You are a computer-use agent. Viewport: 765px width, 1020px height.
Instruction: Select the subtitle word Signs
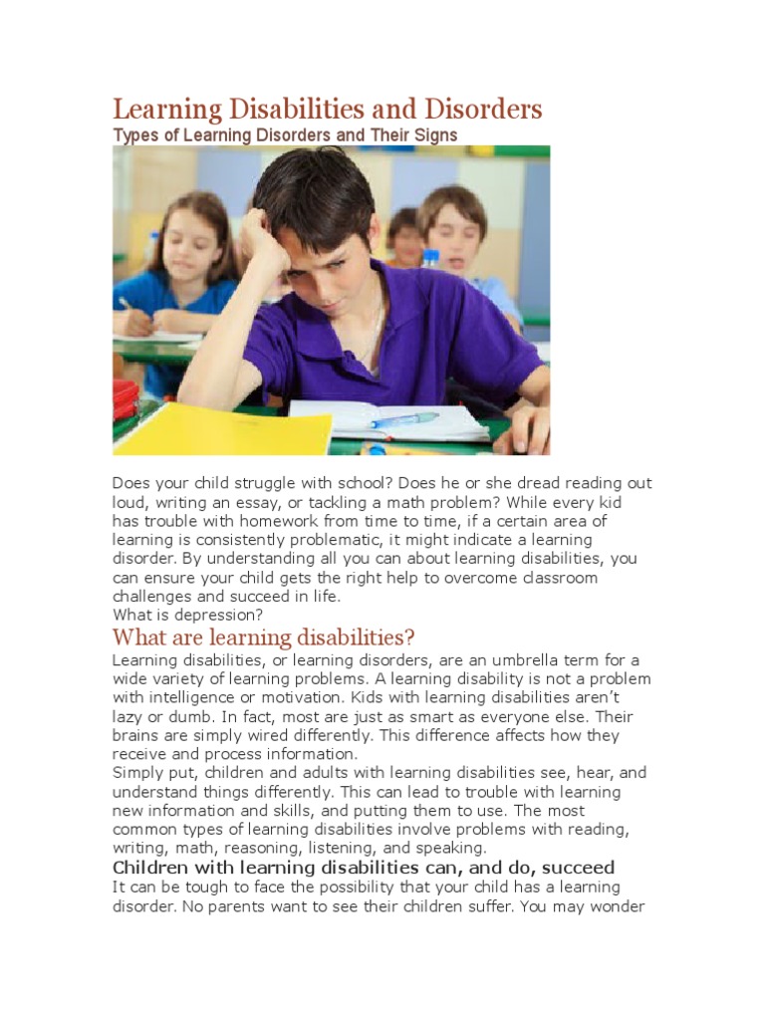pos(433,134)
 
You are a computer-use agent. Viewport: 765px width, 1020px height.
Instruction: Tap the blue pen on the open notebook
pos(404,420)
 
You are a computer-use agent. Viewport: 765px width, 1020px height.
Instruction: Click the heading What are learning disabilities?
pos(263,637)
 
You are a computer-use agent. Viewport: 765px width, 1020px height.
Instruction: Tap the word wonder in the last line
pos(621,905)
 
